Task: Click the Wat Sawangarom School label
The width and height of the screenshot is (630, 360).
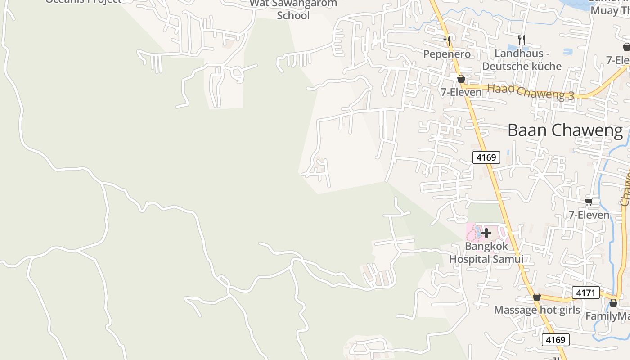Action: [293, 9]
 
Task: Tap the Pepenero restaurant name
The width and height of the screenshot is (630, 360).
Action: [447, 54]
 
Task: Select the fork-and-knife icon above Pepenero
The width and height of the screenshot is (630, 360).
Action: [447, 41]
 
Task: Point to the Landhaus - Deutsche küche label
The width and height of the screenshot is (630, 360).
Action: [522, 60]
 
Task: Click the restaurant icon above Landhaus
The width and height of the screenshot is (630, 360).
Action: [522, 40]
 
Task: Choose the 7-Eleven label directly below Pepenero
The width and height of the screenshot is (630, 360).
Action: [461, 92]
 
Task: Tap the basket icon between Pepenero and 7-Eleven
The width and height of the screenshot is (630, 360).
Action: [461, 79]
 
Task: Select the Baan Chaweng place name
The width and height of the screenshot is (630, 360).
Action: [565, 130]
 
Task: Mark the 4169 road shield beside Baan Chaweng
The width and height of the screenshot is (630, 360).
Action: [486, 157]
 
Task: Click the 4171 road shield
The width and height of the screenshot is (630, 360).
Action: [586, 293]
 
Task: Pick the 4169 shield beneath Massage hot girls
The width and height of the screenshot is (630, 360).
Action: [555, 340]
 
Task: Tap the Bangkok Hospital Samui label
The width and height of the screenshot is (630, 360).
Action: [486, 252]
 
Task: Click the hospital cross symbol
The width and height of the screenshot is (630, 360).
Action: [486, 233]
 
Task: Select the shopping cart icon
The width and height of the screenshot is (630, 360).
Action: [589, 202]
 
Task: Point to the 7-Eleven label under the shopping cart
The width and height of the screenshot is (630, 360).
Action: [589, 215]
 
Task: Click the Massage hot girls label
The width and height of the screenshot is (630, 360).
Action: [537, 310]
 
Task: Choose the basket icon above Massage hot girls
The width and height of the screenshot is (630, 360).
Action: [537, 297]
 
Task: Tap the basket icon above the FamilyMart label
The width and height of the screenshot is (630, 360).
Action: [613, 303]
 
